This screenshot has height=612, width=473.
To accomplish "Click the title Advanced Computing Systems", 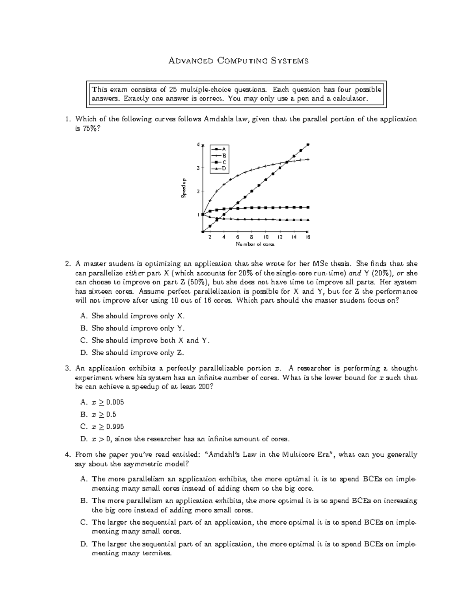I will (238, 61).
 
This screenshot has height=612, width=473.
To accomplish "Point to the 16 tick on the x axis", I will (308, 237).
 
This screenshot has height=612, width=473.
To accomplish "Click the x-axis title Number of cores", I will (255, 244).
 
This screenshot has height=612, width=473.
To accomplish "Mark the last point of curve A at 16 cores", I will (308, 145).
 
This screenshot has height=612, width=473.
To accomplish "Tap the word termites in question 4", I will (158, 553).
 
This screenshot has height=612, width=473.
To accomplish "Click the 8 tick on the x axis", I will (252, 237).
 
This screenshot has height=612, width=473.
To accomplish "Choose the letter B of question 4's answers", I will (83, 501).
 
